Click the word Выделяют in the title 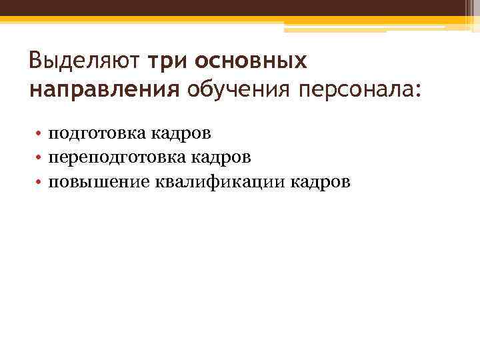coord(83,62)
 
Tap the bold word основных coord(252,62)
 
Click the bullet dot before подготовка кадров coord(40,134)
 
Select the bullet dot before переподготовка coord(40,158)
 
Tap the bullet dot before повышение coord(40,182)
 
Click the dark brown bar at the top coord(240,8)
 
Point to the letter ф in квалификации coord(217,182)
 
